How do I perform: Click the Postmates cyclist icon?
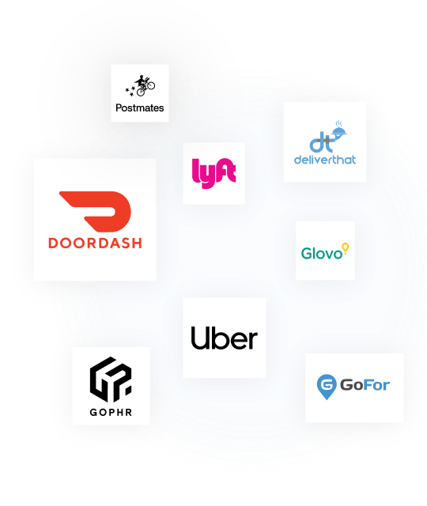pyautogui.click(x=145, y=85)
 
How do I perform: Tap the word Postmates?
pyautogui.click(x=140, y=108)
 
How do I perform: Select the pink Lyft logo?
pyautogui.click(x=213, y=173)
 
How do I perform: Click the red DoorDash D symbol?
pyautogui.click(x=95, y=211)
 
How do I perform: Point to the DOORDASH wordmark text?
pyautogui.click(x=95, y=243)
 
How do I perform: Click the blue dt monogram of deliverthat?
pyautogui.click(x=321, y=142)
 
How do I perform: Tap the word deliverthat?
pyautogui.click(x=325, y=160)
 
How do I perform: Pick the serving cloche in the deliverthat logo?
pyautogui.click(x=339, y=130)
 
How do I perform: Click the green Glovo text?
pyautogui.click(x=322, y=253)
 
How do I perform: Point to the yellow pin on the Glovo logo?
pyautogui.click(x=346, y=248)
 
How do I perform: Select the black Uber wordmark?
pyautogui.click(x=225, y=338)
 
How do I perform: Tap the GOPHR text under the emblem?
pyautogui.click(x=111, y=412)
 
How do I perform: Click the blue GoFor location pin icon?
pyautogui.click(x=327, y=387)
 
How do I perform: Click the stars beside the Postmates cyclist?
pyautogui.click(x=130, y=90)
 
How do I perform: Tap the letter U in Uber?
pyautogui.click(x=200, y=338)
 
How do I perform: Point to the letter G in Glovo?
pyautogui.click(x=307, y=253)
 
